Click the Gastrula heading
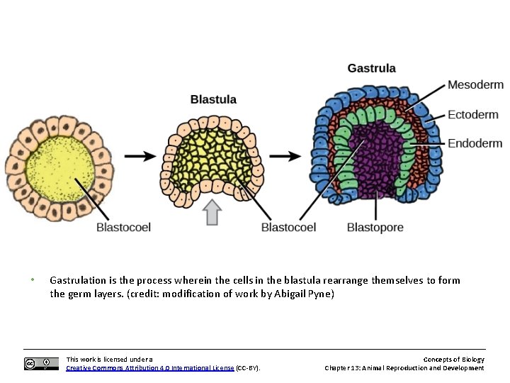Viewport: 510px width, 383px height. pyautogui.click(x=371, y=69)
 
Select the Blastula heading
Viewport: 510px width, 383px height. pyautogui.click(x=213, y=100)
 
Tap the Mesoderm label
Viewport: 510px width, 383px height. pyautogui.click(x=475, y=85)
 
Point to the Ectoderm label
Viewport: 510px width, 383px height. pyautogui.click(x=473, y=114)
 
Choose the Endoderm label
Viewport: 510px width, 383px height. pyautogui.click(x=475, y=143)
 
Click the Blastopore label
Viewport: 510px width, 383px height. pyautogui.click(x=375, y=228)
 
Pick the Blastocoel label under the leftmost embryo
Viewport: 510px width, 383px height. pyautogui.click(x=123, y=228)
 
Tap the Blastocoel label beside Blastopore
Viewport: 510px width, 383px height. pyautogui.click(x=288, y=228)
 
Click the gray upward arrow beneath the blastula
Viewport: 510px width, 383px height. pyautogui.click(x=212, y=212)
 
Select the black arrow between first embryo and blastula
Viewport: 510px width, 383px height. pyautogui.click(x=140, y=155)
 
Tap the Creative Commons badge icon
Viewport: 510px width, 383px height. pyautogui.click(x=41, y=364)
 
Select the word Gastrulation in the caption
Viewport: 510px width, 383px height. pyautogui.click(x=79, y=280)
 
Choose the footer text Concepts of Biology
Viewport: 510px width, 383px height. pyautogui.click(x=454, y=360)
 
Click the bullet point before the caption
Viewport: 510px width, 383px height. pyautogui.click(x=33, y=279)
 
